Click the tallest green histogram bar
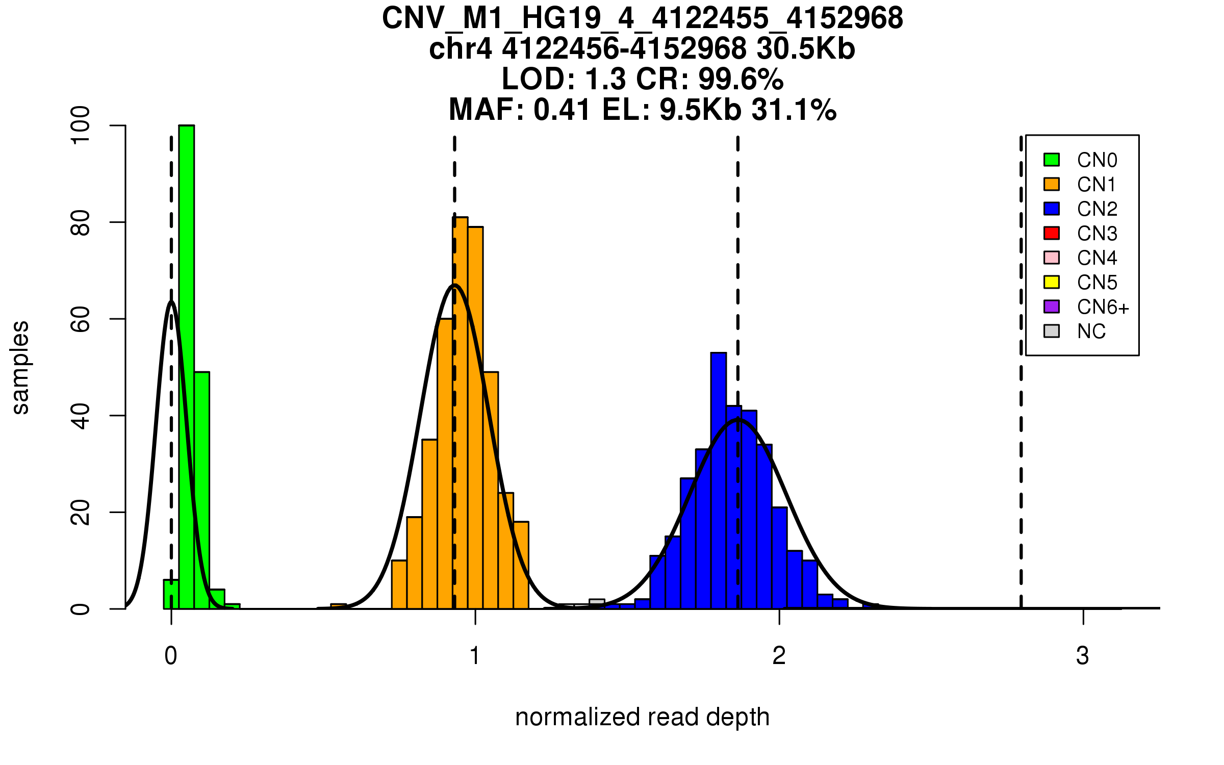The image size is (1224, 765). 186,367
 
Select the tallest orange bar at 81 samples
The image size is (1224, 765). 461,413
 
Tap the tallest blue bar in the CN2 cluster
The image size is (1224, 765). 718,479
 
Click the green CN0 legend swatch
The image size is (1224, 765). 1052,160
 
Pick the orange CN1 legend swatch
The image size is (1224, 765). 1052,184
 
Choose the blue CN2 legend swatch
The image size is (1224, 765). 1052,209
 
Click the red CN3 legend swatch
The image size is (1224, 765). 1052,233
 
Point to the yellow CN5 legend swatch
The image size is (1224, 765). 1052,282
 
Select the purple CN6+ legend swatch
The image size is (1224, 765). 1052,307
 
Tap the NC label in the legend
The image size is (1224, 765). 1091,331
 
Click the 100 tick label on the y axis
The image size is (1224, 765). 81,125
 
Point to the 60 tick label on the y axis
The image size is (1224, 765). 81,319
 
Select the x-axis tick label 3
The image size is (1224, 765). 1083,656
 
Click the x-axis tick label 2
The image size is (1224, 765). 779,656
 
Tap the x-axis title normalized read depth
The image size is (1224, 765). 642,717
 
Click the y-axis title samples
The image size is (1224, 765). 20,367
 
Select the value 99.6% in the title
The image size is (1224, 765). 741,79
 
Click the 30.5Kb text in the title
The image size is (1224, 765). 806,49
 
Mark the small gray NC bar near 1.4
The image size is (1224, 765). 597,603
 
